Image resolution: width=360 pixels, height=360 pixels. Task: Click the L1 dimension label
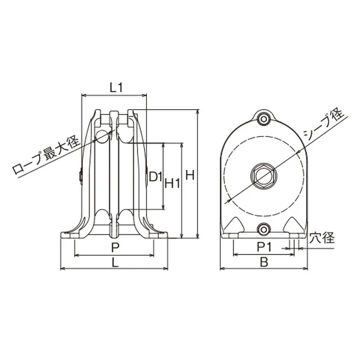point(116,87)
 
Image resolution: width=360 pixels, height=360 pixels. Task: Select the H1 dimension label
point(173,184)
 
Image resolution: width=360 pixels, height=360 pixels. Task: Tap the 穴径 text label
point(319,238)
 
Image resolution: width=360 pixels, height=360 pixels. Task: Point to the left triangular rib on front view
point(235,226)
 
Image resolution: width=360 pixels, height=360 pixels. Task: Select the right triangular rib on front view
point(293,226)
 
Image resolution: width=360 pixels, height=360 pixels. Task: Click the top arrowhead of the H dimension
point(197,112)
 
